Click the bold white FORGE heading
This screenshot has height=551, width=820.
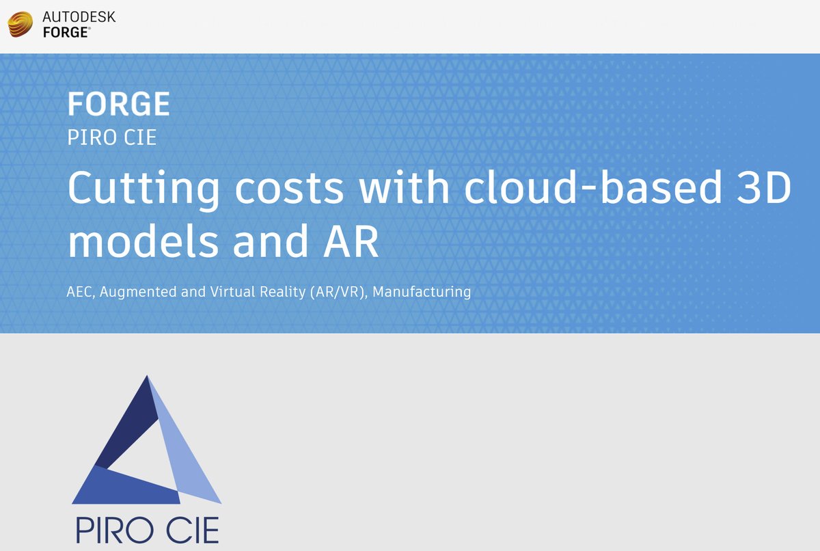click(118, 104)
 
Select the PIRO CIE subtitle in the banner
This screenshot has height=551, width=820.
click(112, 137)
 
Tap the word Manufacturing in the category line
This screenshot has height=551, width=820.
click(422, 292)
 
